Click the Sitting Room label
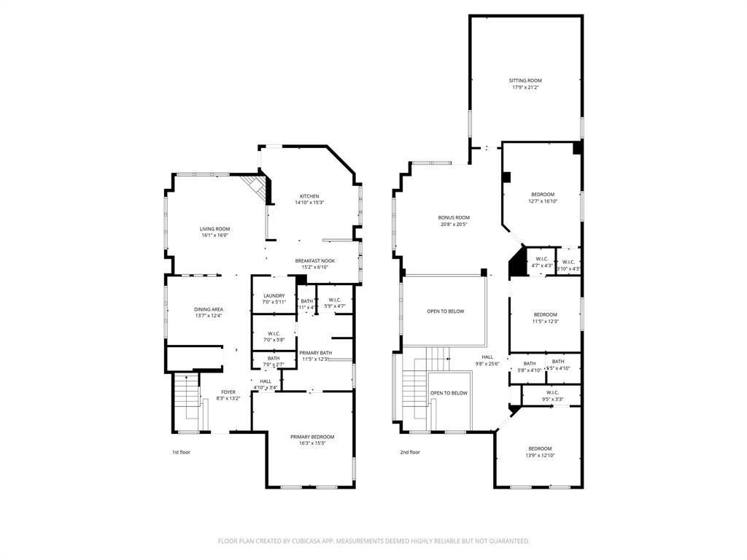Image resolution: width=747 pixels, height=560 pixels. (x=525, y=80)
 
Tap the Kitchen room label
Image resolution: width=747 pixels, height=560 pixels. (x=309, y=196)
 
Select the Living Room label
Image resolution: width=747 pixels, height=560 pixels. (x=214, y=229)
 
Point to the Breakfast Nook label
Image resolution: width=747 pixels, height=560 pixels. (x=315, y=260)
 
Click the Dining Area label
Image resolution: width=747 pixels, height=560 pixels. (x=208, y=309)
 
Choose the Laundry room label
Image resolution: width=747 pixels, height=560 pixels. (x=274, y=295)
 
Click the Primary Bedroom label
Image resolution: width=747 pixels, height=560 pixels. (x=312, y=437)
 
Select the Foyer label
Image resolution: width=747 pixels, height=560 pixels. (x=228, y=392)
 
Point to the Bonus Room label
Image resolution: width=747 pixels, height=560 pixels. (x=454, y=217)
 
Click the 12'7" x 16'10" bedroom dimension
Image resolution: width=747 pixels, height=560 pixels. (x=543, y=201)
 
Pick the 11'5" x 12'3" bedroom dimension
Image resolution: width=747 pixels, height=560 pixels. (x=545, y=322)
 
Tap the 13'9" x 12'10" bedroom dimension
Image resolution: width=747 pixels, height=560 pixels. (x=540, y=456)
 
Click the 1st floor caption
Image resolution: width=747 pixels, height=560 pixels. (x=182, y=452)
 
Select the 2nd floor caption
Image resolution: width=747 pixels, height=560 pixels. (x=410, y=452)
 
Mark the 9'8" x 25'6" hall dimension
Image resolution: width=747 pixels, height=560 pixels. (x=487, y=364)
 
